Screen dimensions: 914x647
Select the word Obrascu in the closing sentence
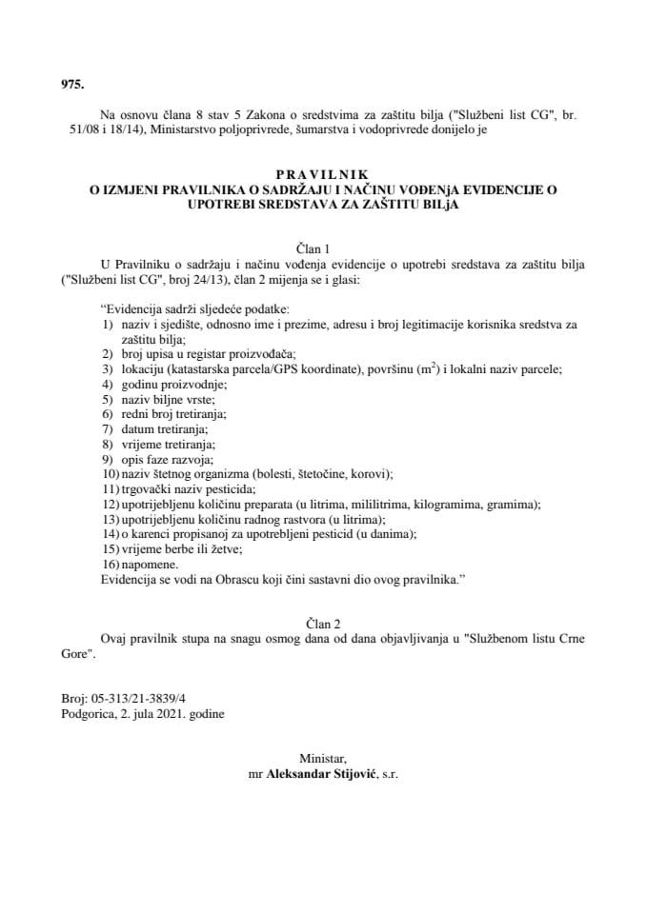pyautogui.click(x=252, y=579)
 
